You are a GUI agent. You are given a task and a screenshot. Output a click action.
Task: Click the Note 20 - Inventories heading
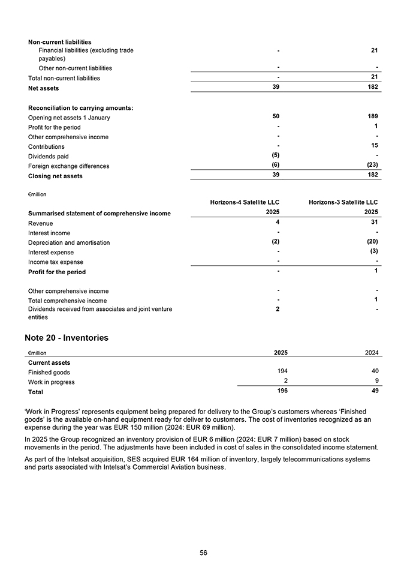click(67, 338)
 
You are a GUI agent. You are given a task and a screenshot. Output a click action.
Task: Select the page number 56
click(203, 553)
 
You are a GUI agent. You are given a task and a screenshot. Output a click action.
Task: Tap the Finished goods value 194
click(281, 371)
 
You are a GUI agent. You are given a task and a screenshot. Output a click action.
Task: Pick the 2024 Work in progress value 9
click(376, 381)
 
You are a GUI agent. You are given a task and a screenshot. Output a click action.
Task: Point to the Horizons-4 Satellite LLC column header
click(245, 202)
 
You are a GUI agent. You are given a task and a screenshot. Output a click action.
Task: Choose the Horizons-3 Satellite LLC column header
click(343, 202)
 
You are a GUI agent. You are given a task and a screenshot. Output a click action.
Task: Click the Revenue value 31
click(374, 222)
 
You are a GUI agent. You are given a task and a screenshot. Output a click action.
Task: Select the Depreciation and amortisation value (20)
click(372, 241)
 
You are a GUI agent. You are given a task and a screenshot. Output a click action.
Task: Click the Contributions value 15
click(374, 145)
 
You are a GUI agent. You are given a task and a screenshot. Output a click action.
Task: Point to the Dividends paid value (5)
click(276, 155)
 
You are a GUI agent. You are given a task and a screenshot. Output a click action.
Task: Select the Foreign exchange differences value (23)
click(372, 165)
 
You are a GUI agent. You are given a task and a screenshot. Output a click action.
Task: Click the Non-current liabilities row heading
click(60, 42)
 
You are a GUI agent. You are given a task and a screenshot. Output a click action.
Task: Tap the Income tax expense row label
click(56, 262)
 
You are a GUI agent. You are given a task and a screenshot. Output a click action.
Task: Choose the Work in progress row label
click(51, 382)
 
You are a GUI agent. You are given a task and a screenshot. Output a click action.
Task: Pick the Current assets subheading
click(49, 362)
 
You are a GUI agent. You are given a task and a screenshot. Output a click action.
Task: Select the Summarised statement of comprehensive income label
click(100, 213)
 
